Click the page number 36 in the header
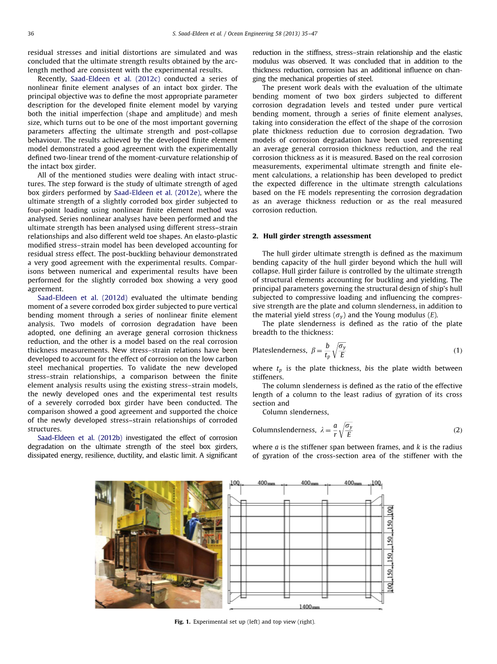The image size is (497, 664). click(x=31, y=33)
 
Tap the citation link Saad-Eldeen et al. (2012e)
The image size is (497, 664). click(x=149, y=193)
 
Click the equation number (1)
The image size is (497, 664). click(x=457, y=351)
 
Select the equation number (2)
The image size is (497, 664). click(x=457, y=430)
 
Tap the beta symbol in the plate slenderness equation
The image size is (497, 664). click(x=313, y=351)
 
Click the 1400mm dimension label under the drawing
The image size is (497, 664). click(x=309, y=607)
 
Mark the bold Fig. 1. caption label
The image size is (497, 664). click(x=182, y=622)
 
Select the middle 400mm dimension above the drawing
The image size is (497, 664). click(x=310, y=483)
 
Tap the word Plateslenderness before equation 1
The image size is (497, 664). click(x=275, y=351)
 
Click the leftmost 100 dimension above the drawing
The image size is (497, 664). click(x=235, y=483)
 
